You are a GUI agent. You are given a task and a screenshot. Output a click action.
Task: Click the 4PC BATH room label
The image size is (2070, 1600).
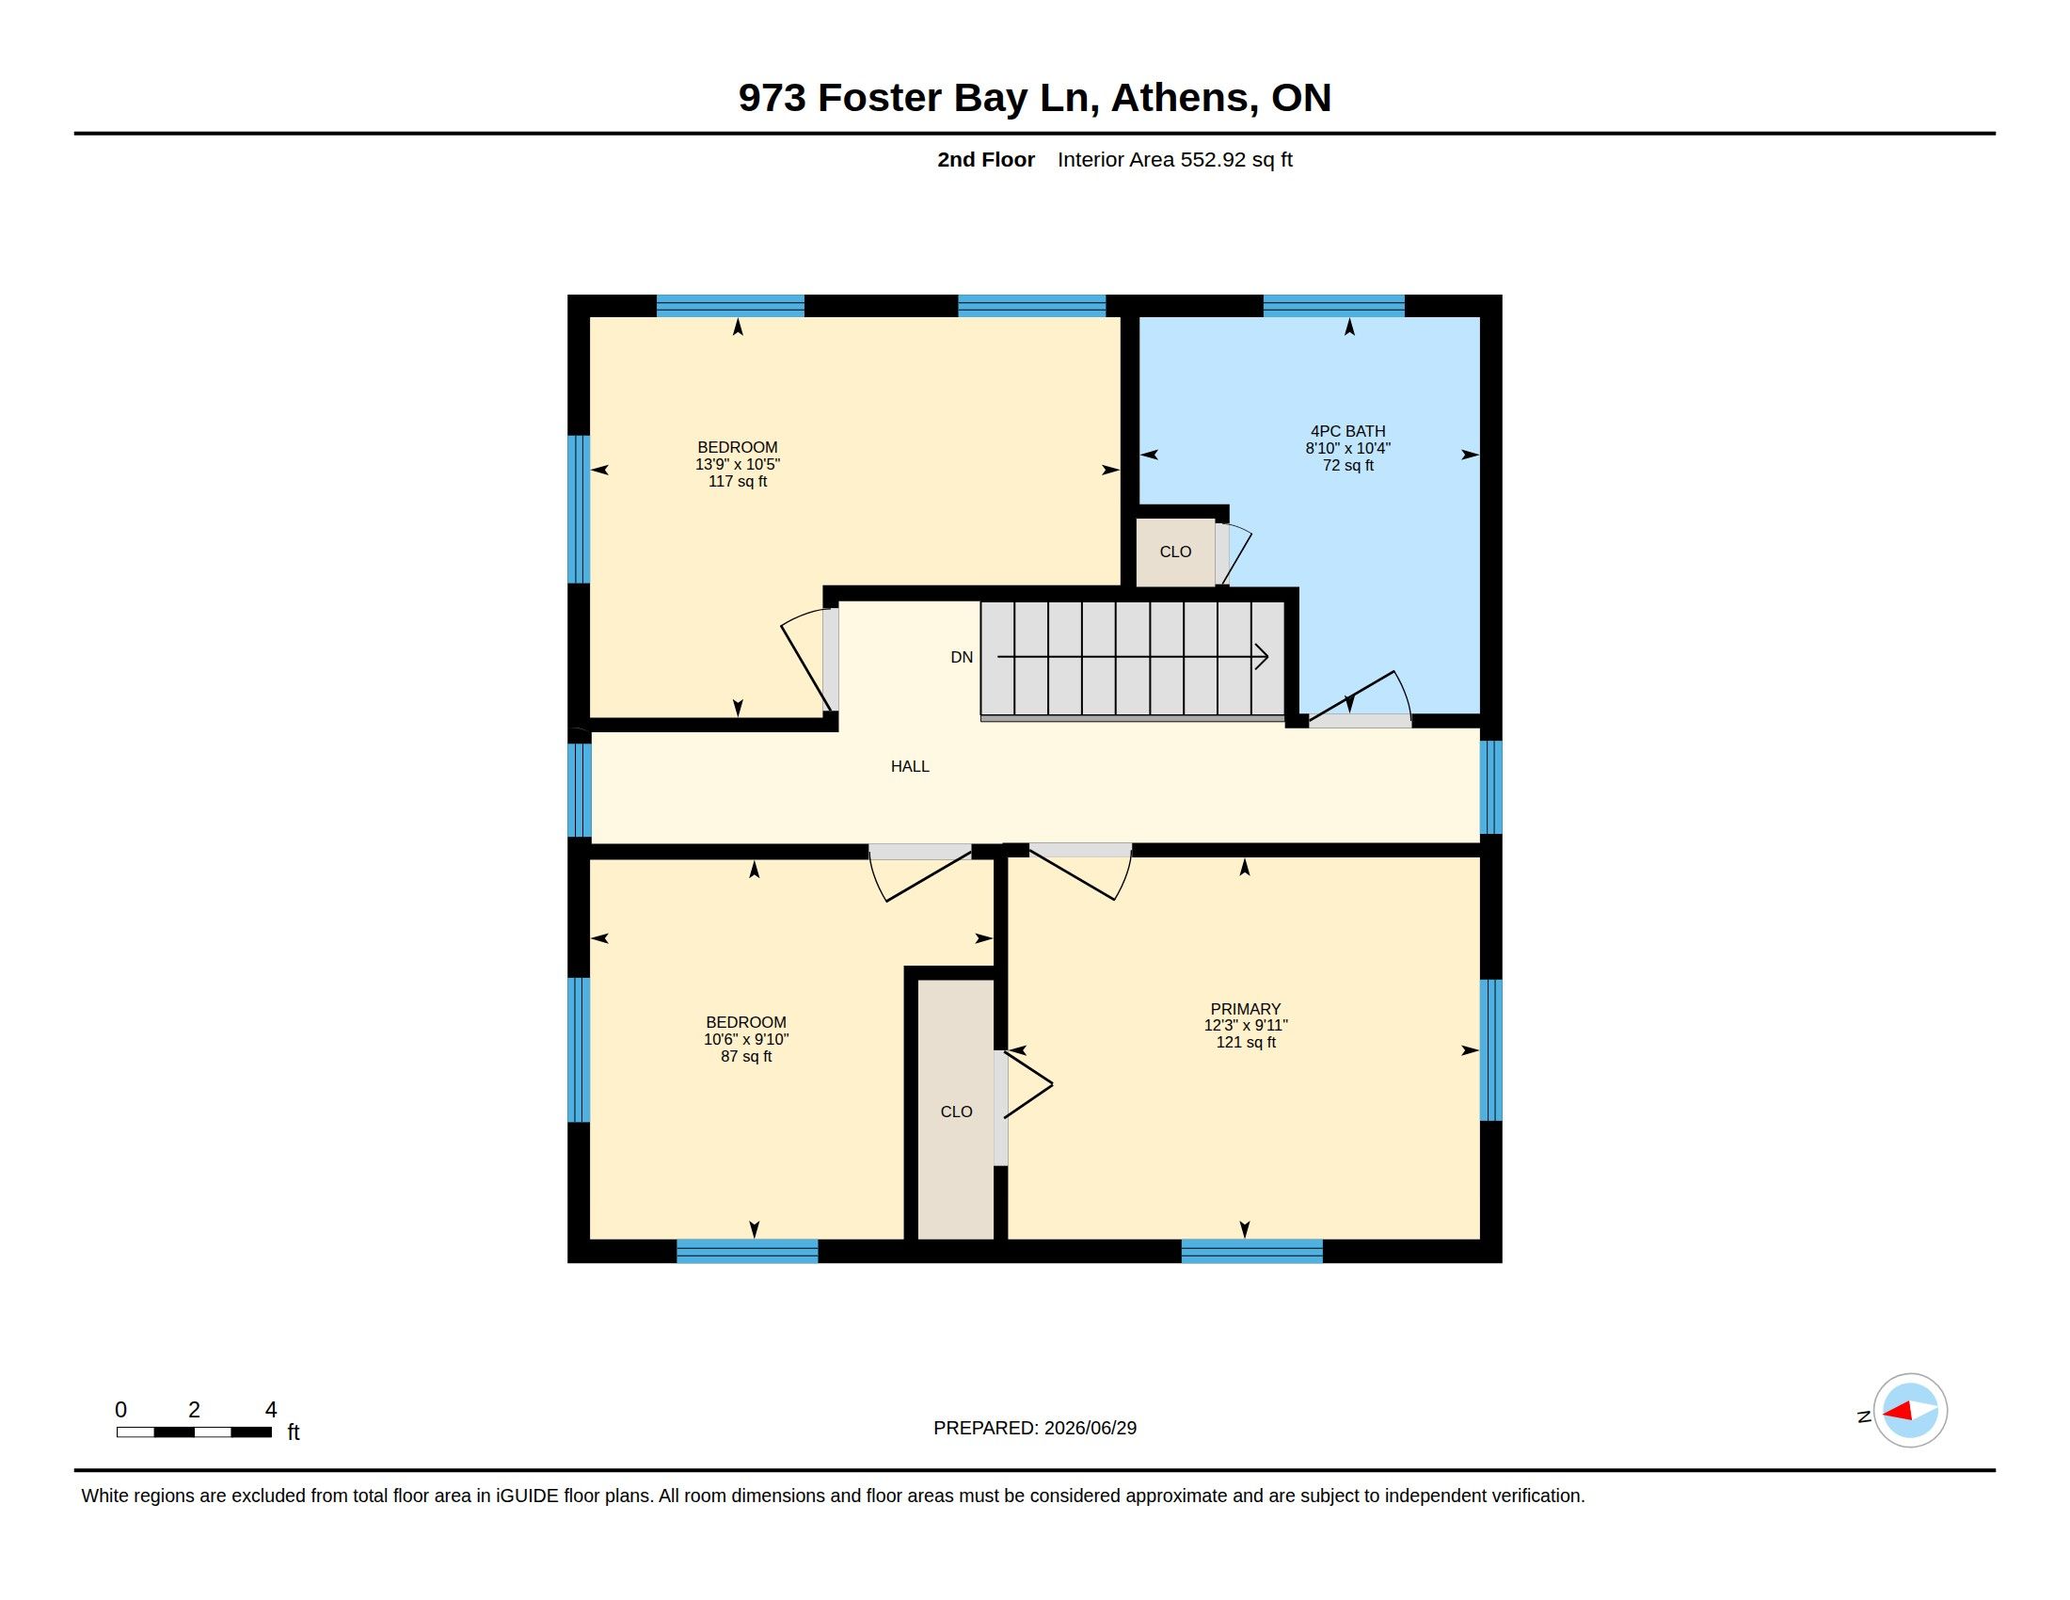1347,431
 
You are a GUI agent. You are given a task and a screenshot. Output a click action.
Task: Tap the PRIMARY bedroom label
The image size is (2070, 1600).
1246,1010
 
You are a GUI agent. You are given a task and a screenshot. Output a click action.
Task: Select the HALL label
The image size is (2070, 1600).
910,767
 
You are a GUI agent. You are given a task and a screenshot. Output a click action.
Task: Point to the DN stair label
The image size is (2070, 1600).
962,657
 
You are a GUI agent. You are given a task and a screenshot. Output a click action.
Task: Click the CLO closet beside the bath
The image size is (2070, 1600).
1175,552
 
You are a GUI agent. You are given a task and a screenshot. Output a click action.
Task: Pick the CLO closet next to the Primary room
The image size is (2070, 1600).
956,1111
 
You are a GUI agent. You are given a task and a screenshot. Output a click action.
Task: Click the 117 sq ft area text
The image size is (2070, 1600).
738,482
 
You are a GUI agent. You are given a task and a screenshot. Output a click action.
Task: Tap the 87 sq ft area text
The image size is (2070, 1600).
746,1057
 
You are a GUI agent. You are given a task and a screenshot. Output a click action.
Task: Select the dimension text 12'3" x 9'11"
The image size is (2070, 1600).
1246,1026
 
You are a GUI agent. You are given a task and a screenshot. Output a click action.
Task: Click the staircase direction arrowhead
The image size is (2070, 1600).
1263,657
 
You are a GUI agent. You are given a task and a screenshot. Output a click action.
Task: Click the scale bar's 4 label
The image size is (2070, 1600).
271,1410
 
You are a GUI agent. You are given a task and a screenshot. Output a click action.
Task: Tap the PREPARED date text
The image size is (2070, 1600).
1035,1428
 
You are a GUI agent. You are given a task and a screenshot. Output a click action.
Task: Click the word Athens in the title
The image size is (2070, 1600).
1184,98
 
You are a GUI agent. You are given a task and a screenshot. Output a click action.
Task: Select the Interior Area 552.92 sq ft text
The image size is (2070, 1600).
1174,159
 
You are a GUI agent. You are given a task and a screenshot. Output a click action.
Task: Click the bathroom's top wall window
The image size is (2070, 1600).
1333,305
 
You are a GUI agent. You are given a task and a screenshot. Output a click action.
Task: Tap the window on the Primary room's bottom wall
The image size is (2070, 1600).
1252,1251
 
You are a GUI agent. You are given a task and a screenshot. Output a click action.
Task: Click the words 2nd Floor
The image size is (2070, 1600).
986,159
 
